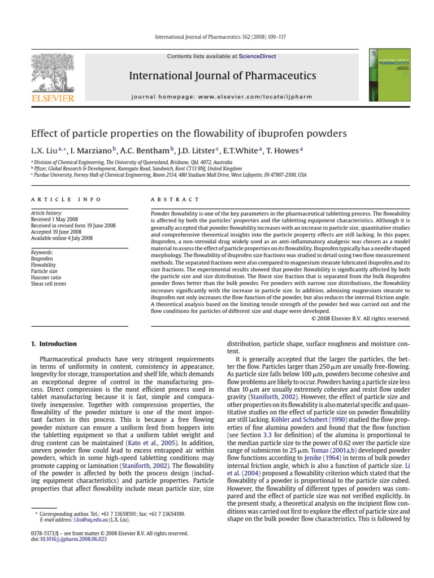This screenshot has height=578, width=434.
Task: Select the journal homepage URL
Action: pos(252,97)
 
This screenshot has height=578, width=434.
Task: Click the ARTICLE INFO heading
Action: pos(66,199)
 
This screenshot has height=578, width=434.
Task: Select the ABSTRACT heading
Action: pos(175,199)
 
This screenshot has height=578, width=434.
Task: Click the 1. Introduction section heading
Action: pos(54,344)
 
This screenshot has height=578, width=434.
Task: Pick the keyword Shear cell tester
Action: pos(49,284)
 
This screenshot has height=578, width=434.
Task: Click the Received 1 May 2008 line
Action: pos(55,219)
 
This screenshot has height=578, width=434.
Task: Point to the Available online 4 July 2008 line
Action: pos(62,238)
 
